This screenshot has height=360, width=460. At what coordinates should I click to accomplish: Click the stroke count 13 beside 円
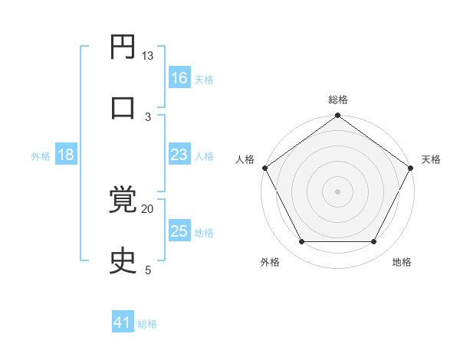pyautogui.click(x=148, y=56)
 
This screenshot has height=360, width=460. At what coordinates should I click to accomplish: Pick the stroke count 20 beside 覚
pyautogui.click(x=148, y=208)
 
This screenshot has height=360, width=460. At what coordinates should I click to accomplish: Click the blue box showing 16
pyautogui.click(x=179, y=78)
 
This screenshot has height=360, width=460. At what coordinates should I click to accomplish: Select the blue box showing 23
pyautogui.click(x=179, y=155)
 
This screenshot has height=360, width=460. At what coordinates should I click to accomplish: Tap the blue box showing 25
pyautogui.click(x=179, y=231)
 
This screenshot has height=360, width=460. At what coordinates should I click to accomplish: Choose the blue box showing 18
pyautogui.click(x=66, y=155)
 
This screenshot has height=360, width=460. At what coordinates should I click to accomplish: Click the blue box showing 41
pyautogui.click(x=123, y=323)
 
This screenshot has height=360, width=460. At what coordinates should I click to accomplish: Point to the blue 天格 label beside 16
pyautogui.click(x=204, y=80)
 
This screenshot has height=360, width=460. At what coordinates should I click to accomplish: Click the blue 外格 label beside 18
pyautogui.click(x=41, y=156)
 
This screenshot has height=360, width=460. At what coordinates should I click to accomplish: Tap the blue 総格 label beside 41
pyautogui.click(x=147, y=325)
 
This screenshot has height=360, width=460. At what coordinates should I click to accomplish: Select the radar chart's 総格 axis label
pyautogui.click(x=338, y=100)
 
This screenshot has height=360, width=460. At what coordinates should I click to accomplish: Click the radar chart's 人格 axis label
pyautogui.click(x=245, y=159)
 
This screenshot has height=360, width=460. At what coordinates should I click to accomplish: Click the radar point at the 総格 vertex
pyautogui.click(x=338, y=116)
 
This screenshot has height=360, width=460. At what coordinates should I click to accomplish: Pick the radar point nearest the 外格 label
pyautogui.click(x=301, y=242)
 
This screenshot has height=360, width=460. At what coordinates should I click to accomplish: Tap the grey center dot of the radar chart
pyautogui.click(x=338, y=191)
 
